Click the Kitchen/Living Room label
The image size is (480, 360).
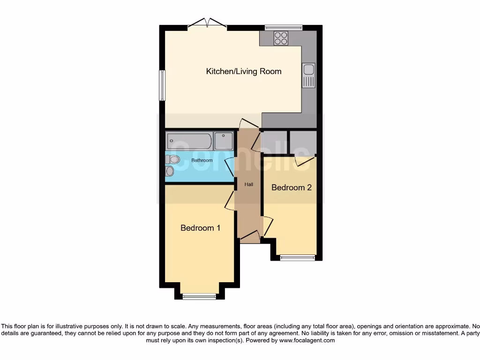tap(244, 71)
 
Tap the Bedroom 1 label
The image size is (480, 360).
tap(201, 228)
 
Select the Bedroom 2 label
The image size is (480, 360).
tap(292, 187)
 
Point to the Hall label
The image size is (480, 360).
tap(248, 185)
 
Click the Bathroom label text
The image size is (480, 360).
tap(202, 160)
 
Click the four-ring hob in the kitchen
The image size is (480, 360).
tap(281, 38)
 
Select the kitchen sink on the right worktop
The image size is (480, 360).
tap(308, 75)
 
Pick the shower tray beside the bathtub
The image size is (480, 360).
tap(224, 141)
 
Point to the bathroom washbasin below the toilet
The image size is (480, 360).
tap(169, 172)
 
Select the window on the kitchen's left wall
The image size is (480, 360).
tap(162, 85)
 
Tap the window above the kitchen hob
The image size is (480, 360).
tap(283, 28)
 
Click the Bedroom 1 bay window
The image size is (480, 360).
tap(199, 296)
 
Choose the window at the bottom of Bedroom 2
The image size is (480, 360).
tap(298, 257)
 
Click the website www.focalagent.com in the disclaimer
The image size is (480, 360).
tap(307, 341)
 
